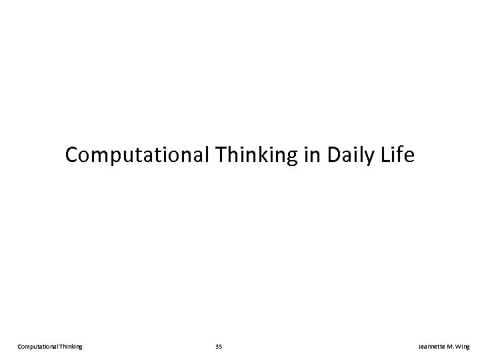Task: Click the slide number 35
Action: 219,346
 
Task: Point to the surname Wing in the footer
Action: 465,346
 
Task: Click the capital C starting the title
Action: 71,155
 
